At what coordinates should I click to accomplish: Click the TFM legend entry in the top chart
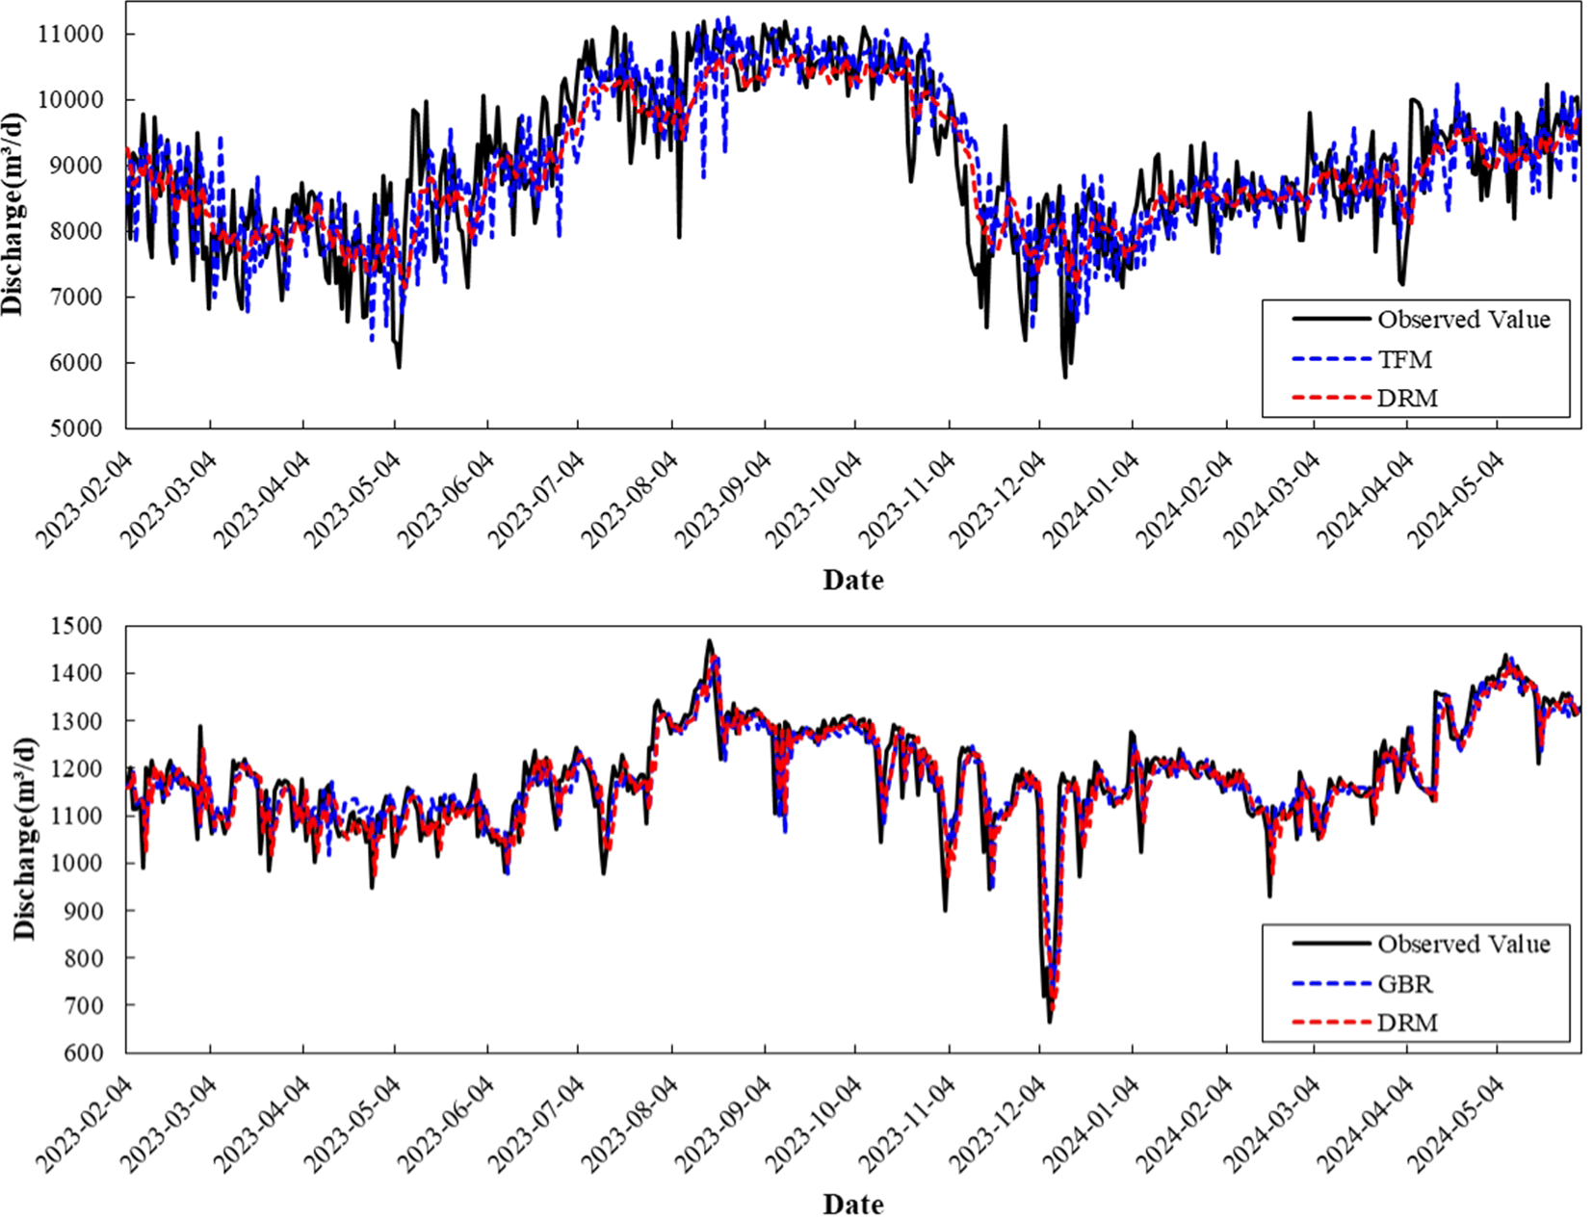[x=1404, y=359]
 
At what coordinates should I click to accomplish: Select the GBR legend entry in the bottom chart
[x=1404, y=984]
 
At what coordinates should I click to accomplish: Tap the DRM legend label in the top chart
[x=1407, y=398]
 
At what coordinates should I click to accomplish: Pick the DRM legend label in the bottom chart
[x=1407, y=1022]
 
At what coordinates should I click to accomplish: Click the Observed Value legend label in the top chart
[x=1463, y=320]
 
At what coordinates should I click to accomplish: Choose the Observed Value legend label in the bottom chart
[x=1463, y=944]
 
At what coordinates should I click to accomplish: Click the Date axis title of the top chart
[x=852, y=580]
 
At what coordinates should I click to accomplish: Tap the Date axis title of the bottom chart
[x=852, y=1204]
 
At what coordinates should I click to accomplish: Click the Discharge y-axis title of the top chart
[x=13, y=214]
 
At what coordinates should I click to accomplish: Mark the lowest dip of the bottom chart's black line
[x=1049, y=1022]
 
